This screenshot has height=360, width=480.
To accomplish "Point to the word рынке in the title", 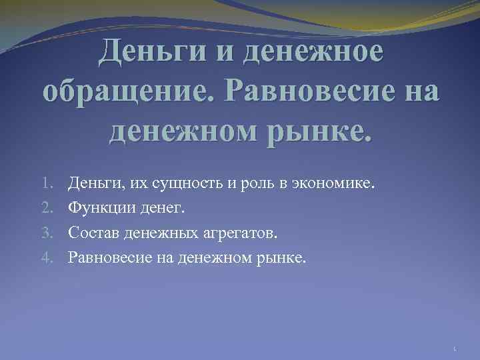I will click(317, 127).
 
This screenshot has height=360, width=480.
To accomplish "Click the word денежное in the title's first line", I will click(314, 53).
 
